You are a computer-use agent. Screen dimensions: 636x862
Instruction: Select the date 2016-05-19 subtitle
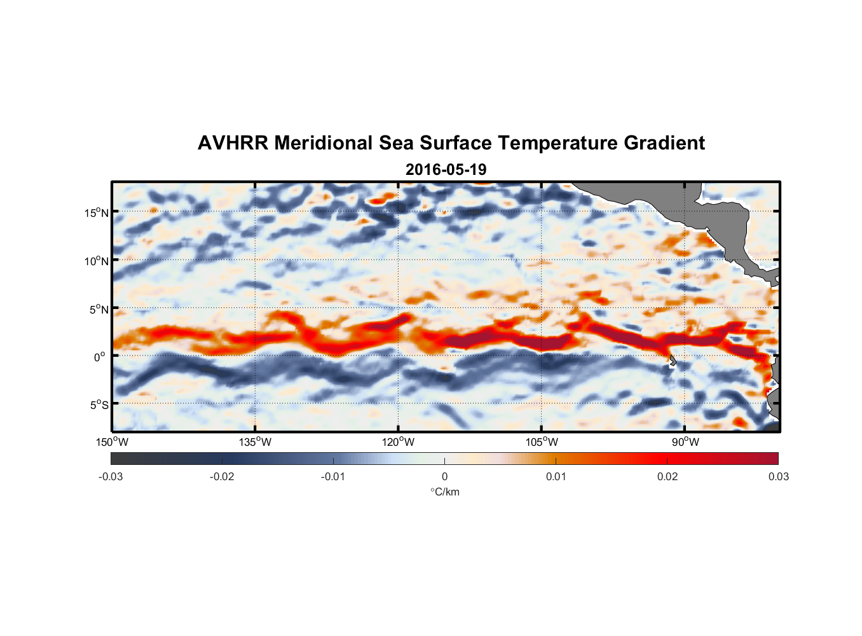(x=446, y=170)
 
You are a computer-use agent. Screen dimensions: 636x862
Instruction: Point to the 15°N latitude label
(x=97, y=212)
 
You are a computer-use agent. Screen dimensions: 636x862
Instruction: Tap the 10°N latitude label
(x=97, y=261)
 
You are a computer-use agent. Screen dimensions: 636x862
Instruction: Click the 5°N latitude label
(x=99, y=309)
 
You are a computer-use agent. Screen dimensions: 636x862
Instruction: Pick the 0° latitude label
(x=100, y=357)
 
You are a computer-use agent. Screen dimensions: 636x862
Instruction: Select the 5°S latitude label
(x=99, y=405)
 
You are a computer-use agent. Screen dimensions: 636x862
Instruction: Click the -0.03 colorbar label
(x=111, y=477)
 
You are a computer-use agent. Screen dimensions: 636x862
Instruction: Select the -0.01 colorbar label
(x=332, y=477)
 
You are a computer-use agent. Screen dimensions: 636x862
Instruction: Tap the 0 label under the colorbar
(x=444, y=477)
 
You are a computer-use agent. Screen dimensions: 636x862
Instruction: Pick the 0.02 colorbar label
(x=667, y=477)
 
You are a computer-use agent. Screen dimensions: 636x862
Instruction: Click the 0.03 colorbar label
(x=778, y=477)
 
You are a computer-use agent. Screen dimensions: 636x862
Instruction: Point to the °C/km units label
(x=445, y=492)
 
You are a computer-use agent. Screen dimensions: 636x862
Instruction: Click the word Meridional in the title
(x=323, y=143)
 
